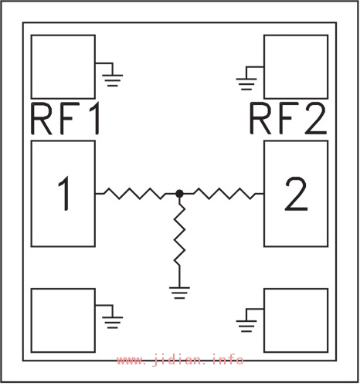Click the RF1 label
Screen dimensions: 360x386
pyautogui.click(x=65, y=119)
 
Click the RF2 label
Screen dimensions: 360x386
pyautogui.click(x=288, y=119)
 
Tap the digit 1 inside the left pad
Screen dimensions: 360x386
pyautogui.click(x=64, y=194)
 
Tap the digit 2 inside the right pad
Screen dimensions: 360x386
pyautogui.click(x=296, y=194)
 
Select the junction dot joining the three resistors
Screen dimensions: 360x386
pyautogui.click(x=179, y=194)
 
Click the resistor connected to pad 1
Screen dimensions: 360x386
pyautogui.click(x=134, y=194)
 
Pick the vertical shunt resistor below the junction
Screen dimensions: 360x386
pyautogui.click(x=179, y=235)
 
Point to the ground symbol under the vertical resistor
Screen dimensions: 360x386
pyautogui.click(x=179, y=293)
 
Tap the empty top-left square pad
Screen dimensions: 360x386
pyautogui.click(x=63, y=67)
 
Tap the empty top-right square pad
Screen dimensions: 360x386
pyautogui.click(x=296, y=67)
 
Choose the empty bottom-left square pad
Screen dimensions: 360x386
pyautogui.click(x=63, y=320)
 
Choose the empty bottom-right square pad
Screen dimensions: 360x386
pyautogui.click(x=296, y=320)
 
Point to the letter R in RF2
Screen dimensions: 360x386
pyautogui.click(x=260, y=119)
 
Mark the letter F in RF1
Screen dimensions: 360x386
pyautogui.click(x=70, y=119)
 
